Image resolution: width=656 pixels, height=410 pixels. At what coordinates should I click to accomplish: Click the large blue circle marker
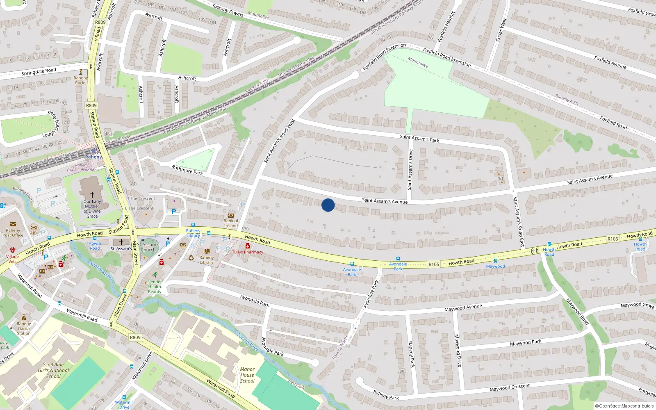point(328,205)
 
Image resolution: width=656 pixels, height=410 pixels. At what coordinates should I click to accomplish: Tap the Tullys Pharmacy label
point(248,252)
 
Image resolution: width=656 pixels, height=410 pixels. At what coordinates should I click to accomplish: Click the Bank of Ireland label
point(231,223)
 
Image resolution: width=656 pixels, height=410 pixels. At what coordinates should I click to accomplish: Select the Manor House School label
point(247,375)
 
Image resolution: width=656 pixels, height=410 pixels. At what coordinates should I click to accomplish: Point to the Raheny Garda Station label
point(24,328)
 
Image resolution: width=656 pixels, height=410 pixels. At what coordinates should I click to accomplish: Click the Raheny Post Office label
point(13,233)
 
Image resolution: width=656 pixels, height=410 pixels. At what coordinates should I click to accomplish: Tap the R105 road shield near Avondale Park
point(433,264)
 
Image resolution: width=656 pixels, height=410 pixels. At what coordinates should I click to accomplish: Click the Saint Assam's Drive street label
point(410,169)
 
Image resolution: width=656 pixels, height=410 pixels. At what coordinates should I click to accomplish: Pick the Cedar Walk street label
point(501,30)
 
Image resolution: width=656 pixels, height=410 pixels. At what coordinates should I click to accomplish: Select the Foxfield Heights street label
point(446,26)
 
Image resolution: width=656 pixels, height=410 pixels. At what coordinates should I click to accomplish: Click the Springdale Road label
point(39,72)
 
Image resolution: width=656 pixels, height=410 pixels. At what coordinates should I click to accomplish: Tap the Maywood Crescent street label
point(509,387)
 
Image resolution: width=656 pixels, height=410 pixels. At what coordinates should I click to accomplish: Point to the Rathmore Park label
point(187,170)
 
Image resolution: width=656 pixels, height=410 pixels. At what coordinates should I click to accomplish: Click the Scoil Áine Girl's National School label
point(53,370)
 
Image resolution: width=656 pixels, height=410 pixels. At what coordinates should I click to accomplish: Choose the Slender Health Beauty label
point(155,287)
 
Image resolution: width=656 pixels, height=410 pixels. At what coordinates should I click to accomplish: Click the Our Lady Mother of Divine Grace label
point(92,209)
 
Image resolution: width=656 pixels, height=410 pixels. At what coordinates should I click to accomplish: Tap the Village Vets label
point(12,259)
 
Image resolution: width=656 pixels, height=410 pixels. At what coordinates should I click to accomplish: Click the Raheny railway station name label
point(93,157)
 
